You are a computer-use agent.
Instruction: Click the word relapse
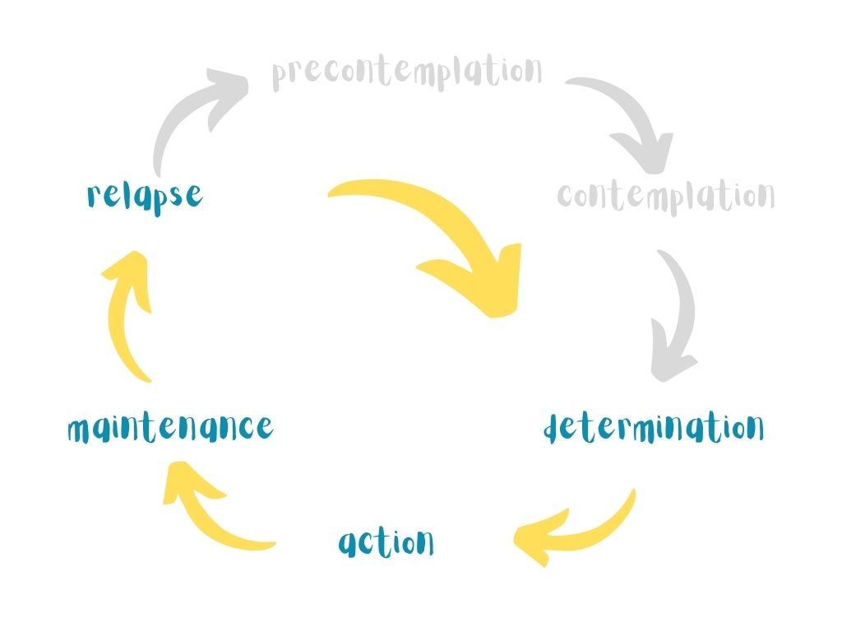pyautogui.click(x=144, y=196)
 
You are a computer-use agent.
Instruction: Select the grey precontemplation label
pyautogui.click(x=407, y=72)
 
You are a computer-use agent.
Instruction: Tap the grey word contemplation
pyautogui.click(x=665, y=196)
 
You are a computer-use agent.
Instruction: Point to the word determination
pyautogui.click(x=655, y=428)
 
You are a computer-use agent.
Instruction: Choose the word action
pyautogui.click(x=386, y=542)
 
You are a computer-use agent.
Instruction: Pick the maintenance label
pyautogui.click(x=169, y=428)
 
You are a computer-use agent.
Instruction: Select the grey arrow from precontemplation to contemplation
pyautogui.click(x=629, y=119)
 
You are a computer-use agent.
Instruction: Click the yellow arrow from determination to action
pyautogui.click(x=576, y=531)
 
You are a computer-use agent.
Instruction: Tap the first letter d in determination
pyautogui.click(x=555, y=428)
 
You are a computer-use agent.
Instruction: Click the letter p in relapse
pyautogui.click(x=155, y=199)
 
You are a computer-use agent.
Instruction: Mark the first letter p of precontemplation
pyautogui.click(x=280, y=77)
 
